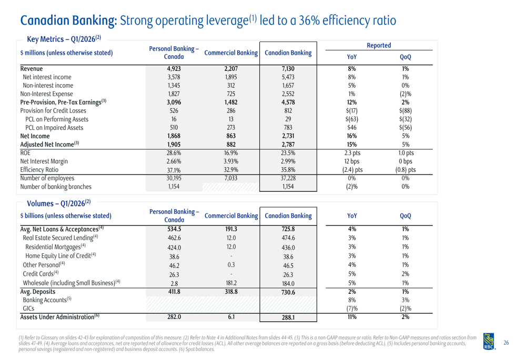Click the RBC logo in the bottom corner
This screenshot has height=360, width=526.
click(489, 342)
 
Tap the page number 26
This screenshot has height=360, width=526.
click(506, 343)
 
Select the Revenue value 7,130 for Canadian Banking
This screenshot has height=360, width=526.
click(288, 69)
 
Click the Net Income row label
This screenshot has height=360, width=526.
click(35, 136)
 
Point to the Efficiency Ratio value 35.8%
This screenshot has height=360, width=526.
click(288, 170)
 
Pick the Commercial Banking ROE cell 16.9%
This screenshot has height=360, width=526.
click(231, 153)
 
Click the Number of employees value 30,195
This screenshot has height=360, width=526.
click(174, 178)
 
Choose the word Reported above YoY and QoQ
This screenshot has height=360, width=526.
click(379, 45)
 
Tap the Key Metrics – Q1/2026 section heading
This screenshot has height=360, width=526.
click(64, 39)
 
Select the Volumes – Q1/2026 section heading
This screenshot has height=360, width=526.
click(59, 203)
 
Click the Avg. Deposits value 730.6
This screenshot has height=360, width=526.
click(288, 292)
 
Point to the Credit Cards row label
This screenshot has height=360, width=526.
click(41, 274)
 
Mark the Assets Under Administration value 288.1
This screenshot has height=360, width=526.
click(288, 317)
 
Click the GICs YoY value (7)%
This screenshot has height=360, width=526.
click(352, 308)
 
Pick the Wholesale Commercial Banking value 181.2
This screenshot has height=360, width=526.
click(231, 283)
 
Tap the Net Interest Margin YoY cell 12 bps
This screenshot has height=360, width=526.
click(352, 161)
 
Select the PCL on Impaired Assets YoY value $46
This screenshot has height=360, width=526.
click(352, 128)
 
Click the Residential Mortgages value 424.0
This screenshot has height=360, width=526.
click(174, 248)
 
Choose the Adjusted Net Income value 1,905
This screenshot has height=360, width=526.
click(174, 145)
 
